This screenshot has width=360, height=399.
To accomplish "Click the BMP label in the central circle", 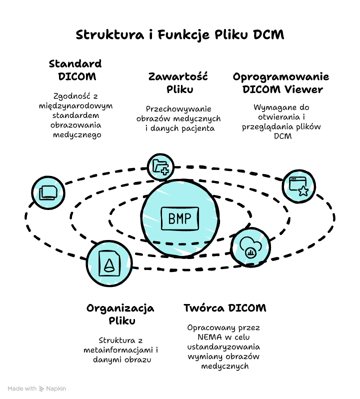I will coord(179,218).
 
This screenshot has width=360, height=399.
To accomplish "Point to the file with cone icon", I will coord(109,263).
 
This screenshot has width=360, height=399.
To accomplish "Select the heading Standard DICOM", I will coord(75,70).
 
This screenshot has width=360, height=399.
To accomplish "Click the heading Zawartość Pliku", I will coord(179,83).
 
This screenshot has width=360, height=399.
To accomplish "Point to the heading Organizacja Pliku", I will coord(120,314).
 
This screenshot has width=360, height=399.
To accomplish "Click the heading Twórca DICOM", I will coord(224,307).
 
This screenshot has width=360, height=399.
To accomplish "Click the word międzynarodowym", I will coord(76,106).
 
